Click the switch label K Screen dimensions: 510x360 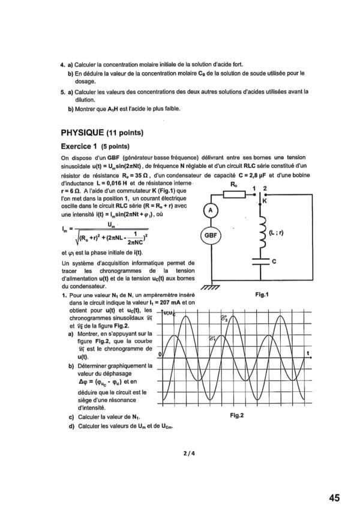click(265, 202)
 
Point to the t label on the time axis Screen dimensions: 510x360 click(308, 353)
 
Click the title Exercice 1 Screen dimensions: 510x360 click(79, 145)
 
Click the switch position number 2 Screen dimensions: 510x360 click(265, 188)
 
